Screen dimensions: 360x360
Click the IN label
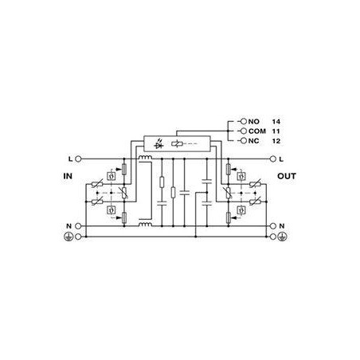point(68,176)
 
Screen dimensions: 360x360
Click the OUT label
point(287,176)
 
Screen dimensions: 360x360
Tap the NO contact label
point(254,122)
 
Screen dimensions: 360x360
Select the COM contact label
point(257,131)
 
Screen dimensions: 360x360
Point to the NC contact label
point(253,141)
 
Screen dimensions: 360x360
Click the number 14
point(276,122)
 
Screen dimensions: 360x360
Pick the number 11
point(276,131)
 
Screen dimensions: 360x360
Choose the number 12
point(276,141)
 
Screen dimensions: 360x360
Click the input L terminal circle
point(78,159)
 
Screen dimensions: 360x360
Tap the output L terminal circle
point(273,159)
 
